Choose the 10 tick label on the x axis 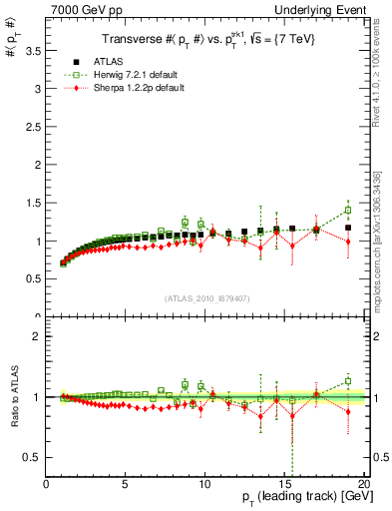pos(204,484)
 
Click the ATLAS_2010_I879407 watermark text pos(205,298)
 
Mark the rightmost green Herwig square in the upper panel pos(348,211)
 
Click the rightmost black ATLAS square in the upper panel pos(348,228)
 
